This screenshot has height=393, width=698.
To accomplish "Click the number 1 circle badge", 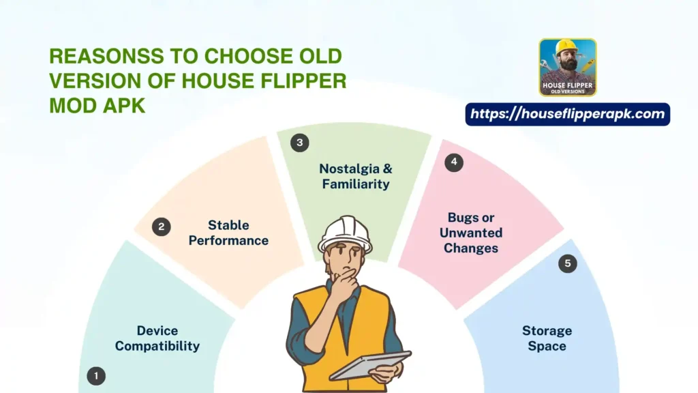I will tap(96, 375).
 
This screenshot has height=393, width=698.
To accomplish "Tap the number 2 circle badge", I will tap(161, 227).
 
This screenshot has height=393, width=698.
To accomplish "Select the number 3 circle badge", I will tap(299, 143).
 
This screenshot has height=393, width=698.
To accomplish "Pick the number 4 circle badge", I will tap(454, 162).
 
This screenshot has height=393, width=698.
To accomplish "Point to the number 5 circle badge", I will tap(567, 264).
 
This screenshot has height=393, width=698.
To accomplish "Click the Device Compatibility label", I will tap(157, 338).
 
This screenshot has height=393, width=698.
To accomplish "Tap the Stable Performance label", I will tap(228, 233).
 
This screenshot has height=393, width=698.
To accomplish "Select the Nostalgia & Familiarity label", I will tap(355, 176).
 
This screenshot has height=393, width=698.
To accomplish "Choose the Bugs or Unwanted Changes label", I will tap(471, 233).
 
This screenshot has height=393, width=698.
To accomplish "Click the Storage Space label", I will tap(547, 338).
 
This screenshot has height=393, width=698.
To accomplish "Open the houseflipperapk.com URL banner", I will tap(567, 114).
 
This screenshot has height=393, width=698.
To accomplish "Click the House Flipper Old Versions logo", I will tap(567, 68).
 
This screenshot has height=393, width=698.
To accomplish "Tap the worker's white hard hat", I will tap(345, 234).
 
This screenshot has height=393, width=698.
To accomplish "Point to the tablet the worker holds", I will tap(371, 365).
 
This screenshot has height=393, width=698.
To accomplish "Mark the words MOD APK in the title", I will tap(97, 106).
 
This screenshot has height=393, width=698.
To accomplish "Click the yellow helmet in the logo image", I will tap(566, 47).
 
